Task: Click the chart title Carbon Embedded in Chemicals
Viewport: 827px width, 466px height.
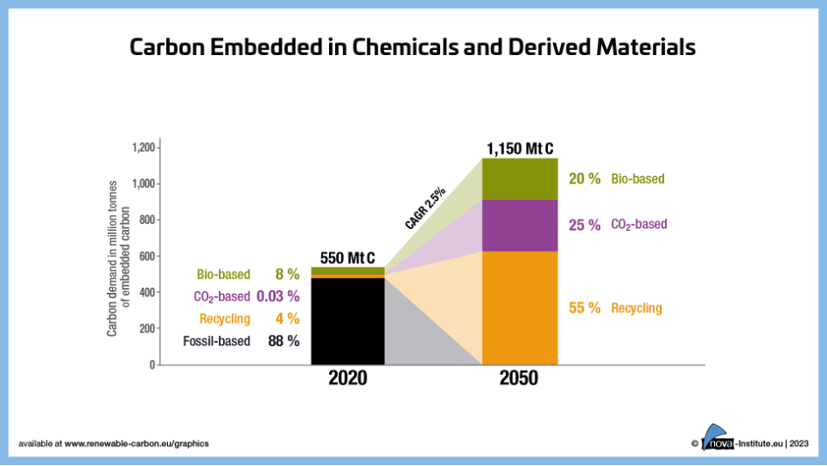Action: (x=412, y=47)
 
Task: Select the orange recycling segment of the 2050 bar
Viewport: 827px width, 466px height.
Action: (x=520, y=307)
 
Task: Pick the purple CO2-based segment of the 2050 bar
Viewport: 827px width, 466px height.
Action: (x=520, y=226)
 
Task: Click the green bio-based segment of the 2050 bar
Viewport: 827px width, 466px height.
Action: (x=520, y=179)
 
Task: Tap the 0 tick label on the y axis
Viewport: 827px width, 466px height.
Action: (x=151, y=365)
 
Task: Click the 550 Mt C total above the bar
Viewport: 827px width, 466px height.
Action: (x=347, y=258)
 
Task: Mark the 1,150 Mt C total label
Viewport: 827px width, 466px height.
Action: (x=520, y=149)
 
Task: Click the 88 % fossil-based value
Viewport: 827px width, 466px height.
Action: (x=284, y=341)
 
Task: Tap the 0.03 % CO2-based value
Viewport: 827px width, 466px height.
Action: (x=277, y=296)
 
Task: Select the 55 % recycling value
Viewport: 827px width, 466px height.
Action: (x=585, y=308)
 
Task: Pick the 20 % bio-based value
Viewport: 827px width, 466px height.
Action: (x=585, y=178)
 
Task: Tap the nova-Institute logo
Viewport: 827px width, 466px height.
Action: (x=726, y=442)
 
